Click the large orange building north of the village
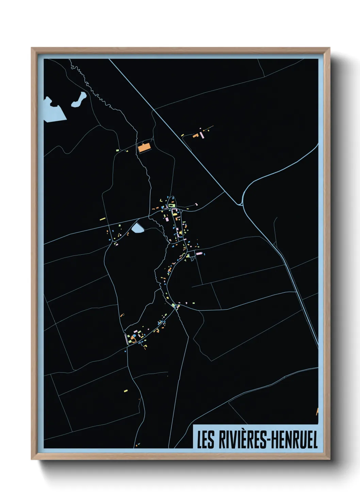click(144, 147)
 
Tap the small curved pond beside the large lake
click(79, 100)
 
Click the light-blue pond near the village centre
click(137, 228)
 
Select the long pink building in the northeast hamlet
click(202, 135)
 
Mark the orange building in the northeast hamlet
click(196, 136)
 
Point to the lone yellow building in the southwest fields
click(126, 391)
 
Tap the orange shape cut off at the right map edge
click(317, 411)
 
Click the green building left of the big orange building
click(117, 150)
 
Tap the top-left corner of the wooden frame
click(32, 49)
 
